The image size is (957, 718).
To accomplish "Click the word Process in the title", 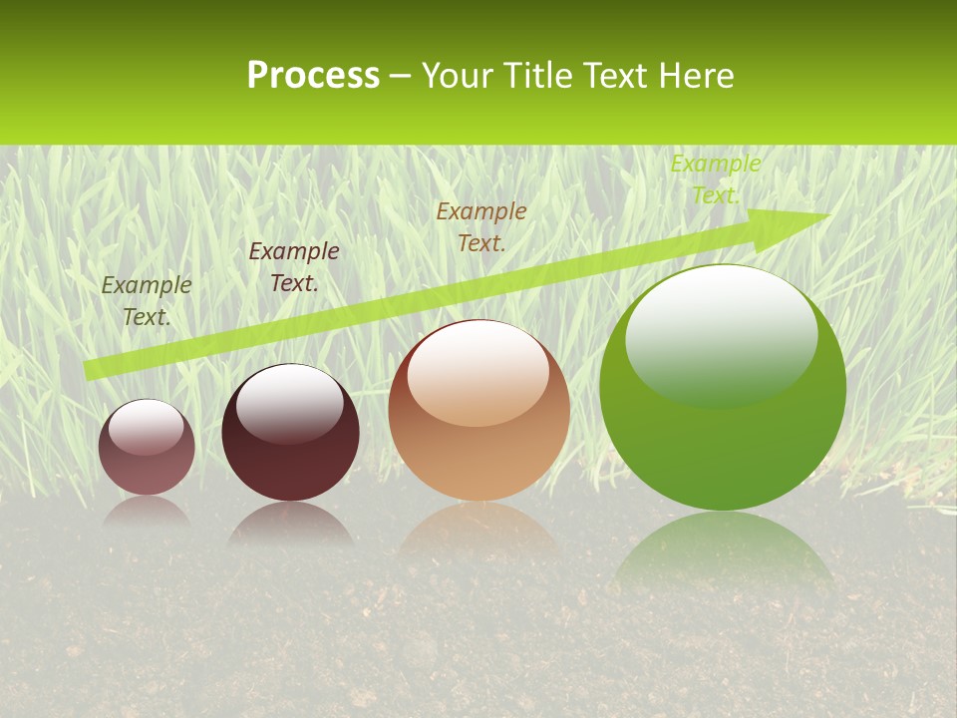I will (313, 76).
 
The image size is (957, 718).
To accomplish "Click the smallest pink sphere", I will (147, 448).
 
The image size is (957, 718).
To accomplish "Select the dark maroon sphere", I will (290, 433).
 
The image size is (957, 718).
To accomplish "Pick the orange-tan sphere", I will (478, 411).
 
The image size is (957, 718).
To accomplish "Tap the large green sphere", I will (723, 389).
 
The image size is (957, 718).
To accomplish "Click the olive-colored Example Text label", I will (147, 300).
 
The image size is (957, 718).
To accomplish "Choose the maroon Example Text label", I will (293, 267).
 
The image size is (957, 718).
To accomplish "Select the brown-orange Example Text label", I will (481, 226).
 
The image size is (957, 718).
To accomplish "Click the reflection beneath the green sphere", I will (723, 548).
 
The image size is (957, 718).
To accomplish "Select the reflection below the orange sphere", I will (478, 529).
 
